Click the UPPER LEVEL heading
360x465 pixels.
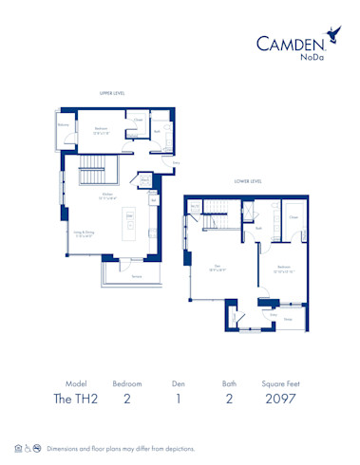(x=113, y=93)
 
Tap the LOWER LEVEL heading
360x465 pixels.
(x=249, y=181)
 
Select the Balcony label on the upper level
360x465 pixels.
(x=63, y=124)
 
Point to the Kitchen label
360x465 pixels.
(x=109, y=195)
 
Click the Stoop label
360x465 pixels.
(x=288, y=320)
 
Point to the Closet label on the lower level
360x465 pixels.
(x=293, y=217)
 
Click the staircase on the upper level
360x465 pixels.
(x=93, y=175)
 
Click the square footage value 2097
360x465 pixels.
(x=282, y=398)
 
